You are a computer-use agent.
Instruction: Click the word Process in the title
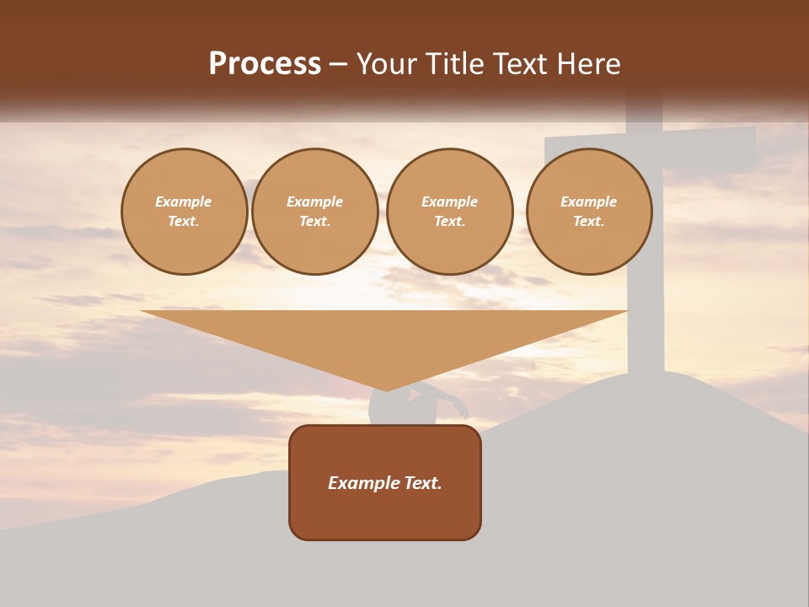coord(265,64)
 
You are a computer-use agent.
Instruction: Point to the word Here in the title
coord(587,64)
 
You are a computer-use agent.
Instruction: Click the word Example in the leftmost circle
coord(184,201)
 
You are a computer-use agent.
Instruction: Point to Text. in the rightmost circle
coord(589,221)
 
